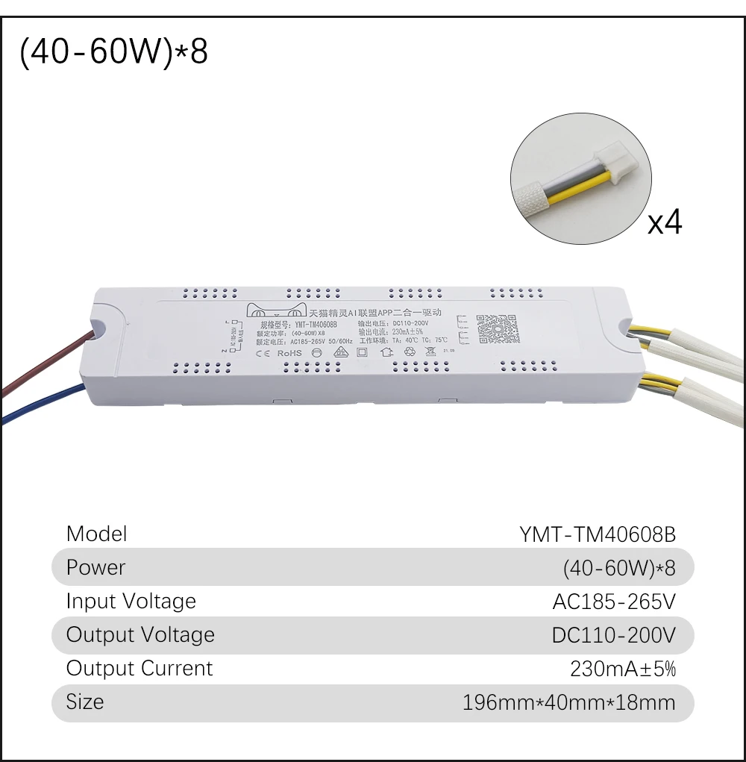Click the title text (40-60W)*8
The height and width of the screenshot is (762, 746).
pos(113,53)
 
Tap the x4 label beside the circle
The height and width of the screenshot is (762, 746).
pos(664,221)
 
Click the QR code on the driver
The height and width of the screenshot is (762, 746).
pos(497,328)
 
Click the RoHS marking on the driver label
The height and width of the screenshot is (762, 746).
pos(289,352)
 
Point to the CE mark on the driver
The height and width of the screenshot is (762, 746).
pos(262,352)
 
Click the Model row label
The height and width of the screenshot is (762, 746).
pos(96,534)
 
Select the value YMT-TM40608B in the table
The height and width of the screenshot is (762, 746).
pos(597,534)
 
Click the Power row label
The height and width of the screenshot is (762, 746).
pos(95,567)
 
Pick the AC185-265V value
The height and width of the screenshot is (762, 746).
pos(613,602)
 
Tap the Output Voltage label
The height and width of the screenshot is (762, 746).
pos(140,634)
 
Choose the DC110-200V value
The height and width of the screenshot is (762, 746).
pos(613,635)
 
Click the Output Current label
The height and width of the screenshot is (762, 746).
pos(140,668)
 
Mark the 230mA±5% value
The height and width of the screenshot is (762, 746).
pos(622,669)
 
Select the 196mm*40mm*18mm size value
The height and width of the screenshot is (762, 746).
pos(568,702)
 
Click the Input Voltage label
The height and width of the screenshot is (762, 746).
pos(131,601)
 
